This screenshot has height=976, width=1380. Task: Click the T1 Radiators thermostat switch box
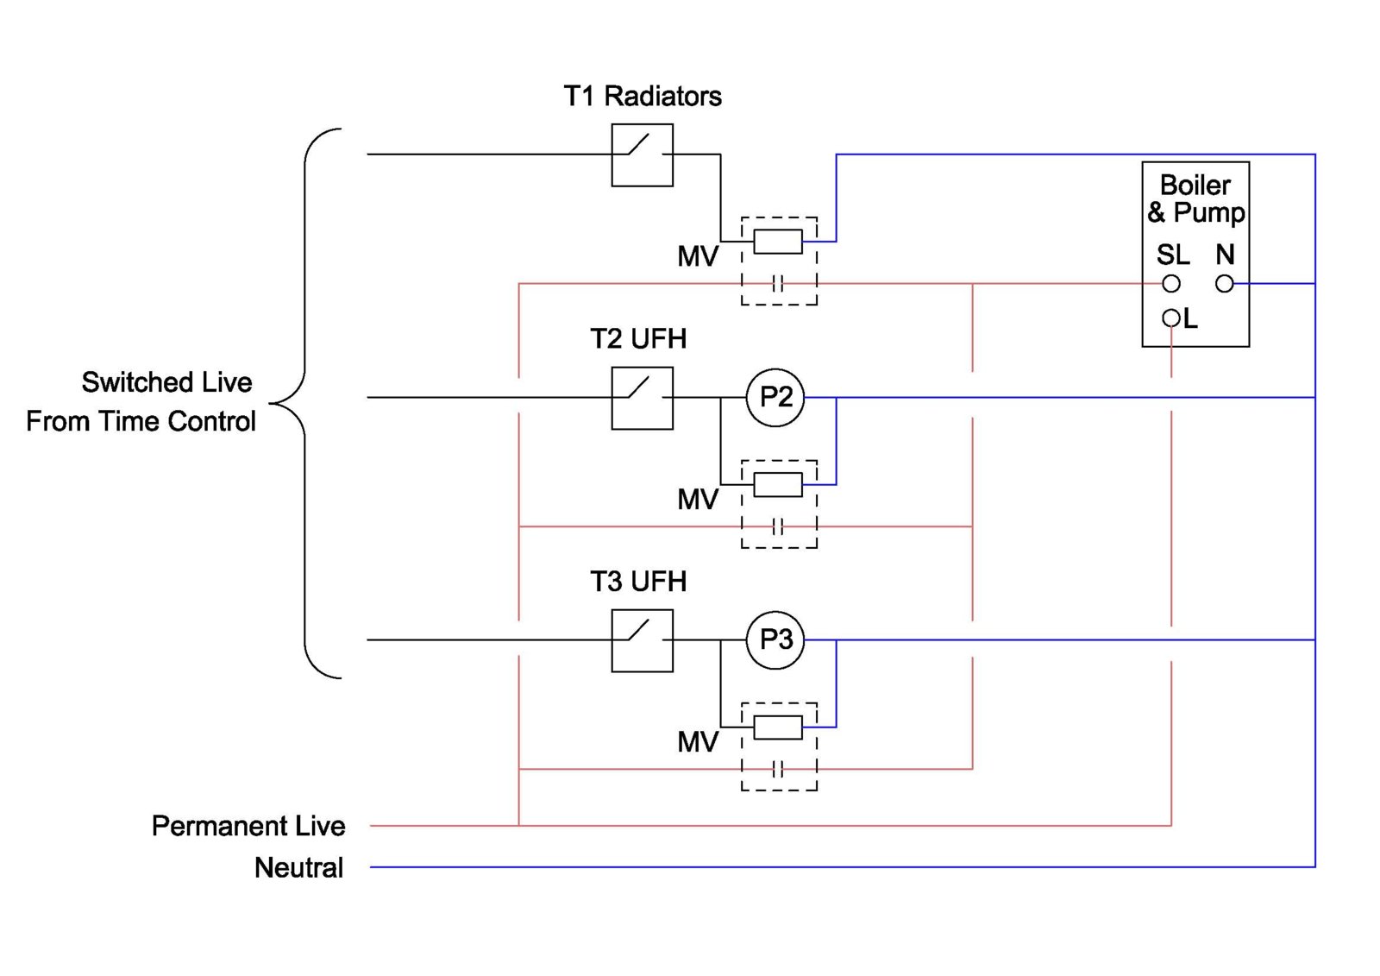(x=642, y=155)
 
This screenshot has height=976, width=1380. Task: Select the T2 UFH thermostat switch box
(x=642, y=398)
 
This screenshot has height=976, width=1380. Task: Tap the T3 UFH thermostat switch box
(x=642, y=640)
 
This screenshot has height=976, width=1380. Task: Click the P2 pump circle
(x=775, y=397)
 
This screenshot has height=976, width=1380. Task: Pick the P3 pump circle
(x=775, y=639)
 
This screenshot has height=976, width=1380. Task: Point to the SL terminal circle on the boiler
(x=1170, y=283)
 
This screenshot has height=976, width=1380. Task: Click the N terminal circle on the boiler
(x=1224, y=283)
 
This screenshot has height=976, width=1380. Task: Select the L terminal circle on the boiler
(x=1170, y=318)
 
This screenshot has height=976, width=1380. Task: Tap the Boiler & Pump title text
(x=1195, y=198)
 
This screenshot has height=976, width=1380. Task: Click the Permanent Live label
(x=248, y=826)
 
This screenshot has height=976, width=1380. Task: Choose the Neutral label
(x=298, y=867)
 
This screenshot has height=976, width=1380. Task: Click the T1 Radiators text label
(x=643, y=96)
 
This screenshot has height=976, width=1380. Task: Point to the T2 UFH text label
(x=638, y=338)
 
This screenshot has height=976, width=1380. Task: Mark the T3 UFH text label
(x=638, y=582)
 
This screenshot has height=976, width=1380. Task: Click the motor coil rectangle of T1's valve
(x=778, y=242)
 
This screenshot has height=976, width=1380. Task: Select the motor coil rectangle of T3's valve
(x=778, y=727)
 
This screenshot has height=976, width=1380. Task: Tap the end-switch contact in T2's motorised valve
(x=778, y=526)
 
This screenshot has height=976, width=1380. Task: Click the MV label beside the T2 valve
(x=697, y=499)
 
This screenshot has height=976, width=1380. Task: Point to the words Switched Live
(x=166, y=382)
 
